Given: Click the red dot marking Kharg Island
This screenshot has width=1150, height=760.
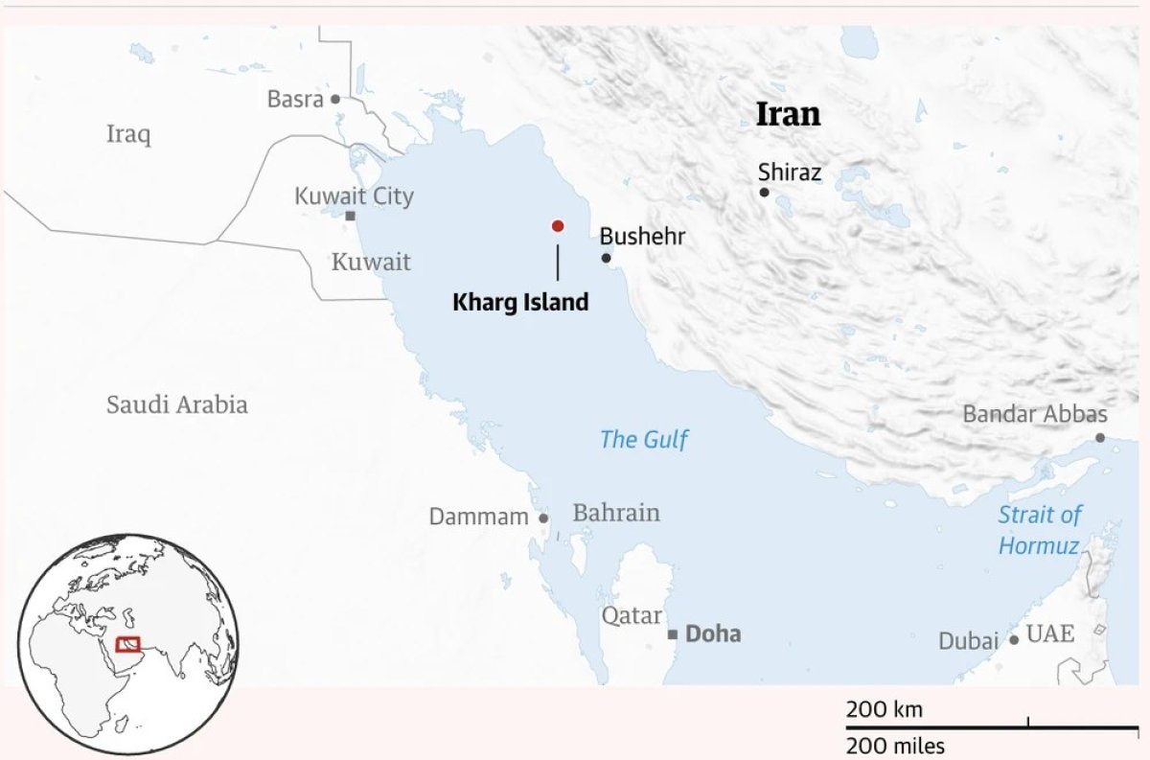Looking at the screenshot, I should click(x=557, y=226).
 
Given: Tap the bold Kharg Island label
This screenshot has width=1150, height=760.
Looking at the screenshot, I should click(x=519, y=303).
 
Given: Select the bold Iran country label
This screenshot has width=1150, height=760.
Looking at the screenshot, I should click(x=789, y=115).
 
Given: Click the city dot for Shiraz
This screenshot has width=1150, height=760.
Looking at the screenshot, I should click(x=764, y=193).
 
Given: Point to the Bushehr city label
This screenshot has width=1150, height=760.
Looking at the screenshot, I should click(x=642, y=236).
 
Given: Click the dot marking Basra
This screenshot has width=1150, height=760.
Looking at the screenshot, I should click(x=335, y=99).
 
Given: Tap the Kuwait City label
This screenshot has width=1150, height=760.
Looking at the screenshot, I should click(x=354, y=196).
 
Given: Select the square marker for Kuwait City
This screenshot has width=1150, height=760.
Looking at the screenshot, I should click(x=351, y=217).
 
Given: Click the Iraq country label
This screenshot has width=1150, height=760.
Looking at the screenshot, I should click(x=128, y=134).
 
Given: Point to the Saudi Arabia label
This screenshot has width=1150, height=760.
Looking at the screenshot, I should click(x=176, y=404).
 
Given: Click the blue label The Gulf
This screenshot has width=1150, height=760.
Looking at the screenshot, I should click(x=644, y=440).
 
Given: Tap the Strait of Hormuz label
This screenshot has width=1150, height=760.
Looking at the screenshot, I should click(x=1039, y=530).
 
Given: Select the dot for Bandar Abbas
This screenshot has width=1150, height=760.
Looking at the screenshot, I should click(x=1100, y=438).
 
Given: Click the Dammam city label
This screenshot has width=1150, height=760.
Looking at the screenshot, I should click(x=478, y=518).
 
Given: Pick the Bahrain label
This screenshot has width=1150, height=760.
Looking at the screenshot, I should click(x=616, y=513).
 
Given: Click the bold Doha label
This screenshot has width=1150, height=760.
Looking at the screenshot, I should click(x=713, y=634).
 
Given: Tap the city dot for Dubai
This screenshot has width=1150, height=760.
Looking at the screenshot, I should click(x=1014, y=639).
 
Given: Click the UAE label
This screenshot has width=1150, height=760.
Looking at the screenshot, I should click(x=1050, y=633).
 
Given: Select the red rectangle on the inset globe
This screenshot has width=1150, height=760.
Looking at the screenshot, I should click(x=128, y=644).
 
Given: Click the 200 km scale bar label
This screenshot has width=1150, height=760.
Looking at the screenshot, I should click(x=884, y=710).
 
